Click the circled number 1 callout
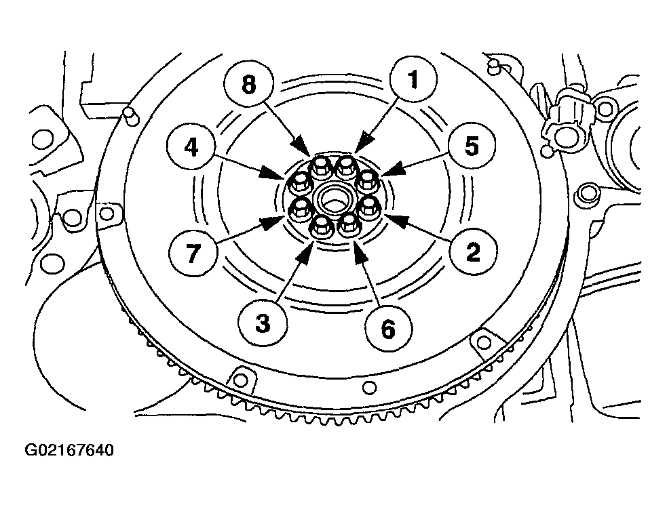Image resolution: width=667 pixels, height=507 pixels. tap(413, 79)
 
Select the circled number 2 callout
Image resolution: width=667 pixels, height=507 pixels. tap(473, 251)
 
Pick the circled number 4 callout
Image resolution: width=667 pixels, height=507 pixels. tap(191, 148)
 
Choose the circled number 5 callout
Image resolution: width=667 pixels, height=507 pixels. tap(471, 146)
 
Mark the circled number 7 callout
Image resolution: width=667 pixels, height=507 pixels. tap(193, 253)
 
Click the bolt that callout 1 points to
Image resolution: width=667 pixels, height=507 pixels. tap(345, 167)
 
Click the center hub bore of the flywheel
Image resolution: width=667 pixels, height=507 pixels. tap(335, 197)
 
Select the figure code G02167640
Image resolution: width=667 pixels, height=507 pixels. tap(69, 449)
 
